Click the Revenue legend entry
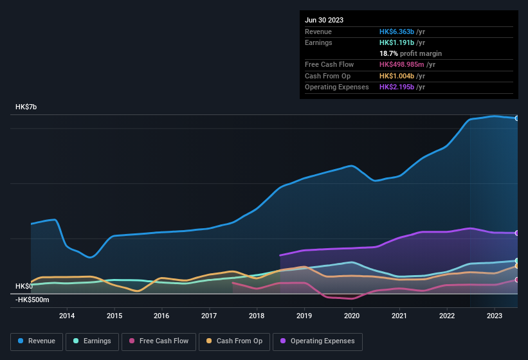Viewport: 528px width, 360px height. [x=37, y=341]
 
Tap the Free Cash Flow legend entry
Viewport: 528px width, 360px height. [x=159, y=341]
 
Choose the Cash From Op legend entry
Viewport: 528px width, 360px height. [x=235, y=341]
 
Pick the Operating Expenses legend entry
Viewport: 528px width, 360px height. [x=318, y=341]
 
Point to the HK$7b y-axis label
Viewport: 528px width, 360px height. [x=26, y=107]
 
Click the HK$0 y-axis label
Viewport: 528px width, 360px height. [x=24, y=286]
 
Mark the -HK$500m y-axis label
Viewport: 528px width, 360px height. [x=32, y=300]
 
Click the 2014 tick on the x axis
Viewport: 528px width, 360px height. [x=67, y=316]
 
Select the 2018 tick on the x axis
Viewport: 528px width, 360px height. [x=257, y=316]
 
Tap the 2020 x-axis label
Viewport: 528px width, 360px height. [x=352, y=316]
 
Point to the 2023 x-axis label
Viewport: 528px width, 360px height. [x=495, y=316]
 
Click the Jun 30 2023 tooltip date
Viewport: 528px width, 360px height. [x=324, y=20]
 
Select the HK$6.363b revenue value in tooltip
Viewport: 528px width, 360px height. [x=397, y=32]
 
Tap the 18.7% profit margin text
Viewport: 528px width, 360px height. [x=410, y=53]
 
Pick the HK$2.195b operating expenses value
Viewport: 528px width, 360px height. [x=397, y=87]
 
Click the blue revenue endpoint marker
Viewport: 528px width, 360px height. [x=517, y=118]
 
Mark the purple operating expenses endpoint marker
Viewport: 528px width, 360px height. [x=517, y=233]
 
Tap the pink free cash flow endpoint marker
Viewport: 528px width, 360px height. [x=517, y=280]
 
